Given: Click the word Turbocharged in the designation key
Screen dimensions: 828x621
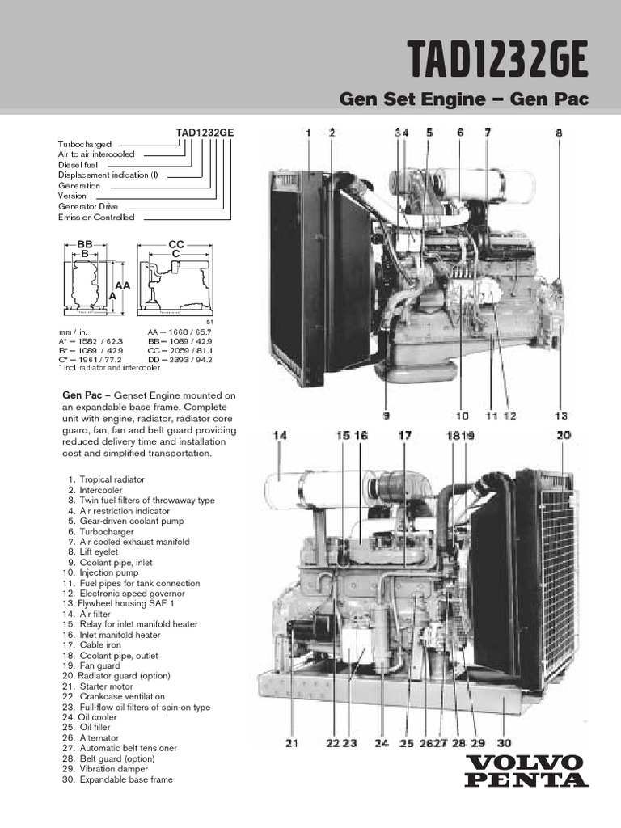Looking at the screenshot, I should pyautogui.click(x=85, y=143).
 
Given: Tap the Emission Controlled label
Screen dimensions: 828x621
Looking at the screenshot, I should pyautogui.click(x=96, y=218).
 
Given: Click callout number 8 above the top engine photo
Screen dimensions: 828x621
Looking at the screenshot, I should pyautogui.click(x=558, y=133).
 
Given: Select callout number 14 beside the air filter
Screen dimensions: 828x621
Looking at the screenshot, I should pyautogui.click(x=280, y=437).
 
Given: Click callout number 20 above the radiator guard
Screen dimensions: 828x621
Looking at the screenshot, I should pyautogui.click(x=564, y=436).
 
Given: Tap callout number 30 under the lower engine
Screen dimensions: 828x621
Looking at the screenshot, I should pyautogui.click(x=504, y=744).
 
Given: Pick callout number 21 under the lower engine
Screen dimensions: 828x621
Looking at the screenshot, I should pyautogui.click(x=292, y=744).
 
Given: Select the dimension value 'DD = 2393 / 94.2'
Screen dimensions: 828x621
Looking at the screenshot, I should pyautogui.click(x=180, y=361).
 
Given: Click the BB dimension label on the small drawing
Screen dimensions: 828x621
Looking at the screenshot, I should pyautogui.click(x=85, y=243).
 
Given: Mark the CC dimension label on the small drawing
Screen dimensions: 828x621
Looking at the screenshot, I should pyautogui.click(x=176, y=243).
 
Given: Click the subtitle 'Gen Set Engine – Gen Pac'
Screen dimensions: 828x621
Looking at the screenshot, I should pyautogui.click(x=463, y=99).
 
